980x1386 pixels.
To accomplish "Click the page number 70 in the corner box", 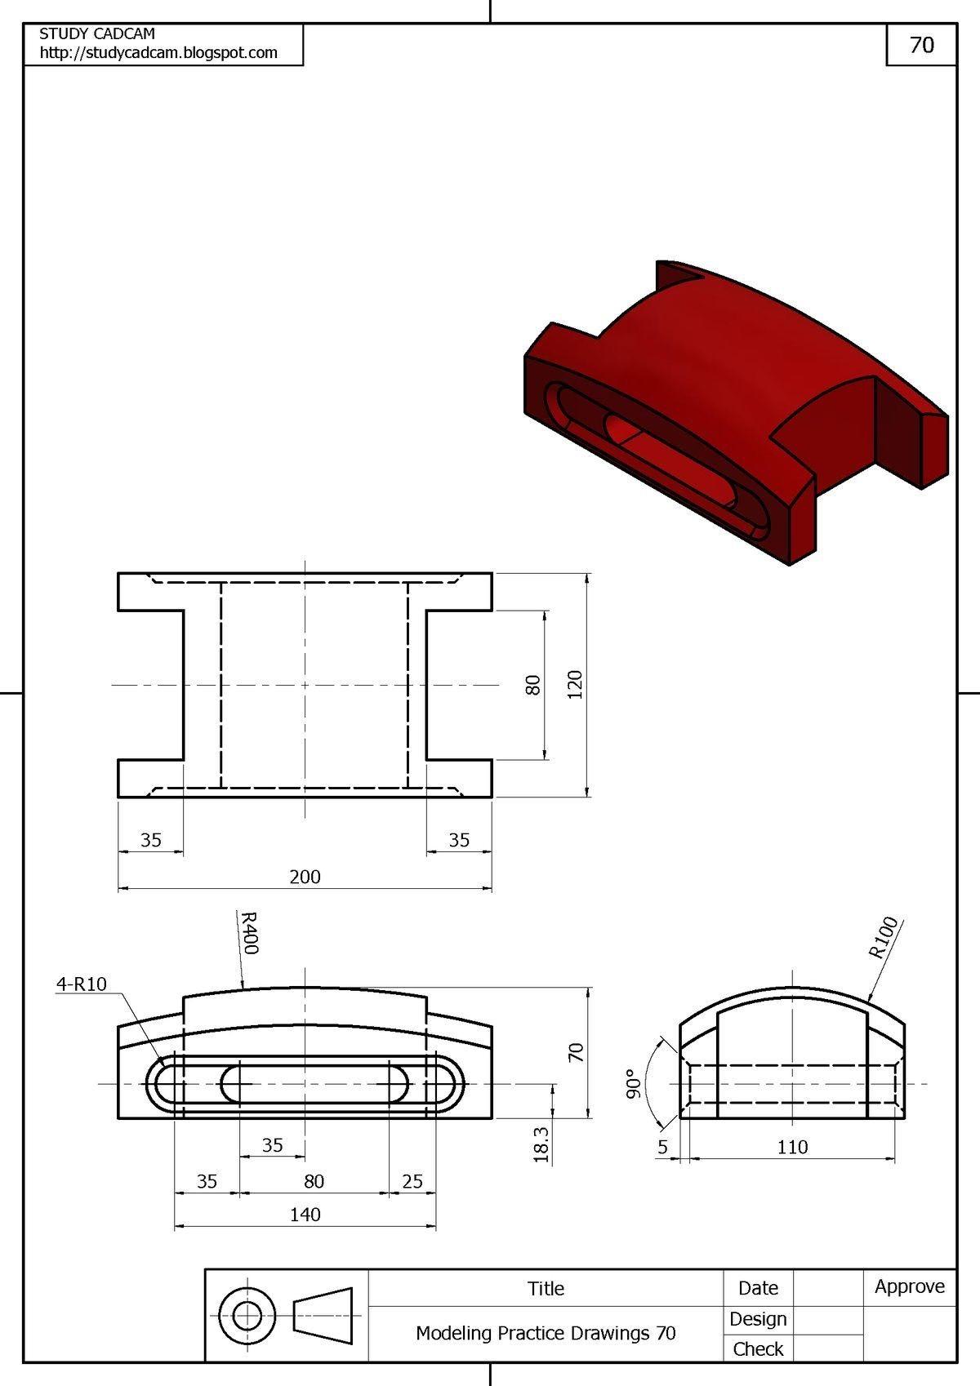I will coord(921,45).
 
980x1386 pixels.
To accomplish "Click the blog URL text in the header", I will coord(158,53).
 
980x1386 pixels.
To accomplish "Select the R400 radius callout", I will coord(248,933).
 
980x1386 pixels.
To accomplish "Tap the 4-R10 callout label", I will coord(81,984).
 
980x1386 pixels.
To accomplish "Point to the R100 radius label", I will coord(883,938).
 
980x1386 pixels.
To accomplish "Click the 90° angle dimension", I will coord(630,1083).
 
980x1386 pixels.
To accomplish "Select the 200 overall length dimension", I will coord(305,877).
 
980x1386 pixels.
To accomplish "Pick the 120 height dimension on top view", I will coord(574,684).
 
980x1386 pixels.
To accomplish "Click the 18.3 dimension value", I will coord(541,1144).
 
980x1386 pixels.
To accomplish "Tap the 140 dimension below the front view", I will coord(305,1215).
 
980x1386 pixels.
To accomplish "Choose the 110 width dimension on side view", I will coord(792,1147).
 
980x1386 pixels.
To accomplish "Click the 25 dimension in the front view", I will coord(412,1181).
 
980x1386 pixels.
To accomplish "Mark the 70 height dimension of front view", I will coord(576,1051).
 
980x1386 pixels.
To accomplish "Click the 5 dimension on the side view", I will coord(662,1147).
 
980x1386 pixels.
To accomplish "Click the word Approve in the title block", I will coord(909,1286).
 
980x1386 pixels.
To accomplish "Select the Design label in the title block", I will coord(758,1318).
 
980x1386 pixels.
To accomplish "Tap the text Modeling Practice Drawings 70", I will coord(546,1333).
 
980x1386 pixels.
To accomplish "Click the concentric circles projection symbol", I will coord(247,1316).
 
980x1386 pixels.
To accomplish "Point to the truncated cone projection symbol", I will coord(323,1316).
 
